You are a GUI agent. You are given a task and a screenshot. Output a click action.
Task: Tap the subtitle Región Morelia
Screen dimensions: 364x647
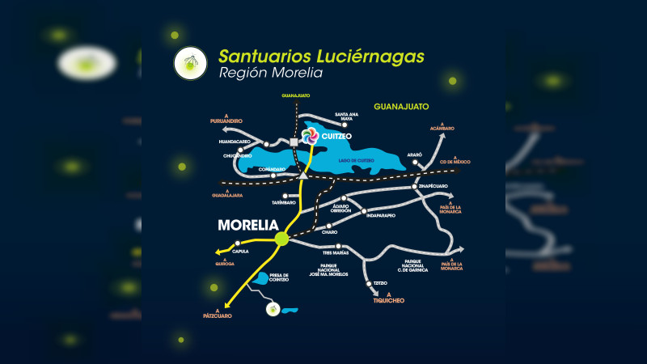(270, 74)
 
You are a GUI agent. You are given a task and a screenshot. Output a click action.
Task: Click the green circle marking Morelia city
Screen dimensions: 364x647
(282, 238)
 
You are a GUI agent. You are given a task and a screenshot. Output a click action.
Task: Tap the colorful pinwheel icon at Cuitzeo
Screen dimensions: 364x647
(309, 136)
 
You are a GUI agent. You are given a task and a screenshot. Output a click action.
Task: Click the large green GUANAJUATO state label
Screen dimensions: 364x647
(401, 107)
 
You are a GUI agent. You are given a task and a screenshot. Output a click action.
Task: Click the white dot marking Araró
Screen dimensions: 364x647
(417, 163)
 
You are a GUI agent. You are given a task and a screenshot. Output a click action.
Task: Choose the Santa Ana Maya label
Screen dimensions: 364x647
(345, 118)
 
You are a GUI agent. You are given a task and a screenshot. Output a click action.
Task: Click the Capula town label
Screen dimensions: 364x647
(240, 252)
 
